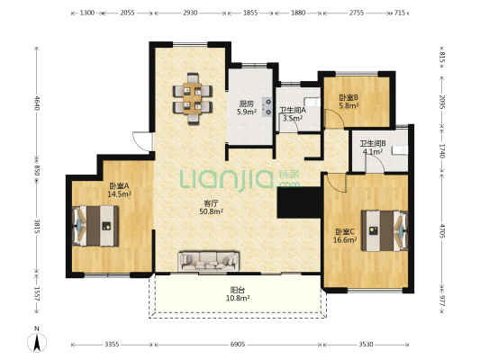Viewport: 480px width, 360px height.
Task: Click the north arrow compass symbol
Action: pyautogui.click(x=37, y=343)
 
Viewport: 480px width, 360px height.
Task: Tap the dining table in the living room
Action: pyautogui.click(x=192, y=99)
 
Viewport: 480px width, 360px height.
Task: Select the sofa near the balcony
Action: pyautogui.click(x=208, y=262)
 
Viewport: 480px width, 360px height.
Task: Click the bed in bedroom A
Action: pyautogui.click(x=95, y=226)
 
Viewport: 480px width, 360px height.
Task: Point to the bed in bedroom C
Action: pyautogui.click(x=385, y=230)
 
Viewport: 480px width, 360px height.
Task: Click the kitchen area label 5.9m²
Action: pyautogui.click(x=247, y=112)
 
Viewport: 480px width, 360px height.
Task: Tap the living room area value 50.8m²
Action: pyautogui.click(x=211, y=211)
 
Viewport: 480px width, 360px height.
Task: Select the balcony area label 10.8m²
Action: pyautogui.click(x=238, y=298)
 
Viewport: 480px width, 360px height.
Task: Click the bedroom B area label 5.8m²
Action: pyautogui.click(x=349, y=106)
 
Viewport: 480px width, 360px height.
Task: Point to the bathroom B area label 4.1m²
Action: pyautogui.click(x=373, y=151)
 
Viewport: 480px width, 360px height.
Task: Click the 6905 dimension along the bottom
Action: pyautogui.click(x=238, y=345)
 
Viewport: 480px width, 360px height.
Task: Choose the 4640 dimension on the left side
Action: pyautogui.click(x=37, y=103)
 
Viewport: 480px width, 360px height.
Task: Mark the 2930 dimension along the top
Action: pyautogui.click(x=190, y=13)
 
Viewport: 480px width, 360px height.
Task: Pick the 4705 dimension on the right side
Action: pyautogui.click(x=442, y=231)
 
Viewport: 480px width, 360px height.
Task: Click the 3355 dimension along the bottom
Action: pyautogui.click(x=112, y=345)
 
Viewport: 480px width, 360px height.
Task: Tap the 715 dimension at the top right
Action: pyautogui.click(x=400, y=13)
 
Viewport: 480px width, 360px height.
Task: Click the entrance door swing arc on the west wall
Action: pyautogui.click(x=139, y=143)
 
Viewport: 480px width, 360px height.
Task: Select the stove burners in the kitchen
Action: pyautogui.click(x=267, y=107)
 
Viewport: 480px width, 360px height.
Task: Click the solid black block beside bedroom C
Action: pyautogui.click(x=300, y=202)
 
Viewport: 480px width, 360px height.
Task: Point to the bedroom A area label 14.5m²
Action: pyautogui.click(x=120, y=193)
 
